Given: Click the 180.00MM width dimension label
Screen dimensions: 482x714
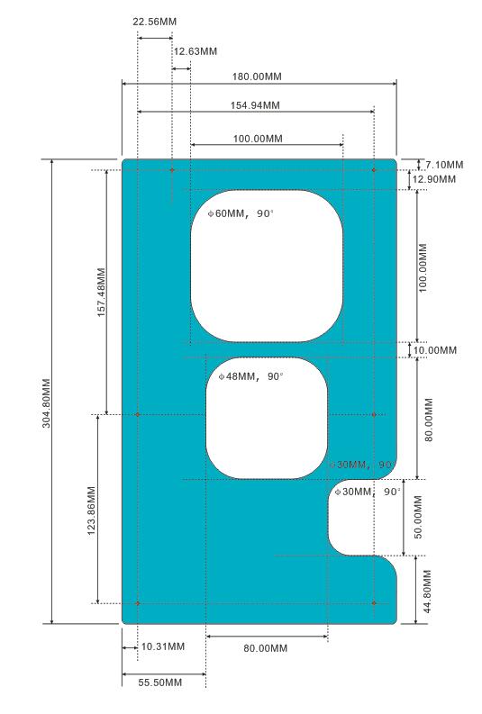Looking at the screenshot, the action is tap(257, 77).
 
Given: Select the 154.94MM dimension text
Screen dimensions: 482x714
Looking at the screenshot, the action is tap(255, 105).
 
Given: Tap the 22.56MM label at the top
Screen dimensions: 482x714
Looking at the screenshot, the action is tap(154, 22).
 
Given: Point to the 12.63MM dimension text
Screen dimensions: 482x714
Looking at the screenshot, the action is tap(195, 51).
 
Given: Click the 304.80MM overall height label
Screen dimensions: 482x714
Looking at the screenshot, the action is tap(47, 403).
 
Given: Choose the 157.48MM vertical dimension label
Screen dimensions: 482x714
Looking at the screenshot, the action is tap(102, 293).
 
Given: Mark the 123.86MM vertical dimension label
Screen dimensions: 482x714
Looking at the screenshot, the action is tap(91, 511).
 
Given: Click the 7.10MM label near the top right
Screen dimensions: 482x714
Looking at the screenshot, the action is tap(444, 165).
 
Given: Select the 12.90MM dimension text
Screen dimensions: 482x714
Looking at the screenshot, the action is tap(433, 179).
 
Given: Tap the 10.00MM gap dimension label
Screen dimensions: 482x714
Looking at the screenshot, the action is tap(434, 350).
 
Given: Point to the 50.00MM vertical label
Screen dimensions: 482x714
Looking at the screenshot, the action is tap(418, 518).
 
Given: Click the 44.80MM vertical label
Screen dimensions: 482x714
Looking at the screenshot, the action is tap(427, 592).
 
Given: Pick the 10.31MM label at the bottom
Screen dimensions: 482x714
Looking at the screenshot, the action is tap(163, 646).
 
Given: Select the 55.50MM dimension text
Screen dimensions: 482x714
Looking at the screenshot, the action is tap(159, 682).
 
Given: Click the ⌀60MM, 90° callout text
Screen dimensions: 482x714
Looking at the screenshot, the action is tap(241, 213).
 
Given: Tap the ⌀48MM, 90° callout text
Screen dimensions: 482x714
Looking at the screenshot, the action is tap(251, 376).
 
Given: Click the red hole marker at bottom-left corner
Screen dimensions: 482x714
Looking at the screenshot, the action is tap(138, 603).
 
